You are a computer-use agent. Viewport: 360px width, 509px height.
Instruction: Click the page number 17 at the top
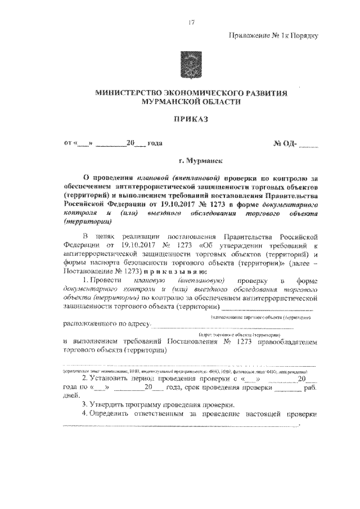click(x=191, y=22)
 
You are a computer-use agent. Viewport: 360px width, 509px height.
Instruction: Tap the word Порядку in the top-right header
click(x=304, y=35)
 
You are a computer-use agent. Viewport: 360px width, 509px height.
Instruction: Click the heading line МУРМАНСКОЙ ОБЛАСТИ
click(x=192, y=102)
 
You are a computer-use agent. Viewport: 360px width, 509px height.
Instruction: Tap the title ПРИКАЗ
click(x=191, y=120)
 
